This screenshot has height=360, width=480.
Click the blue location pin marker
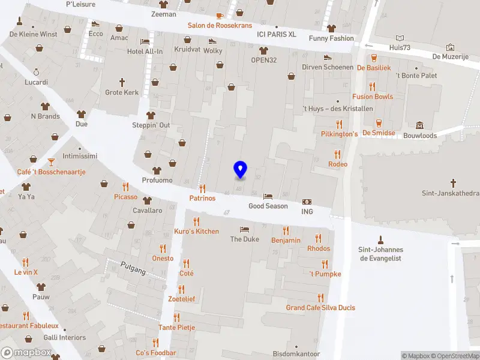[241, 170]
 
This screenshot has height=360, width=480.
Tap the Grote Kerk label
[122, 92]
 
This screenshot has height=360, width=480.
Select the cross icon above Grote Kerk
[122, 82]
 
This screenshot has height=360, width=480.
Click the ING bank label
[307, 212]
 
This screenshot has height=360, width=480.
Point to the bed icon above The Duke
[244, 229]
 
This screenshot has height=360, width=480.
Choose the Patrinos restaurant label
[202, 198]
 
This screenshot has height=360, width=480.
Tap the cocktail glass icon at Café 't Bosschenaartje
[51, 161]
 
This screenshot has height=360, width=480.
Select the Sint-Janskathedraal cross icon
[454, 182]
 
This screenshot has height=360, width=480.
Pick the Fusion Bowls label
[373, 97]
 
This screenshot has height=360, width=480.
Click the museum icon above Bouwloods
[419, 125]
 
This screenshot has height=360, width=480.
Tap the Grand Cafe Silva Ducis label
[320, 308]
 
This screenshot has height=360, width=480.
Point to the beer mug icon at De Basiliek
[374, 58]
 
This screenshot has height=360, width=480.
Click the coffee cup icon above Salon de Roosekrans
[220, 16]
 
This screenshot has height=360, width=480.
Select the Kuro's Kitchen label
[196, 232]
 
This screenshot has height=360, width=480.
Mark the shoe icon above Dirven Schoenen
[328, 57]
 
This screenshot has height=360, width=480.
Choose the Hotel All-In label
[145, 52]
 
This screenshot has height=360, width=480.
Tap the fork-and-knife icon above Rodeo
[338, 154]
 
